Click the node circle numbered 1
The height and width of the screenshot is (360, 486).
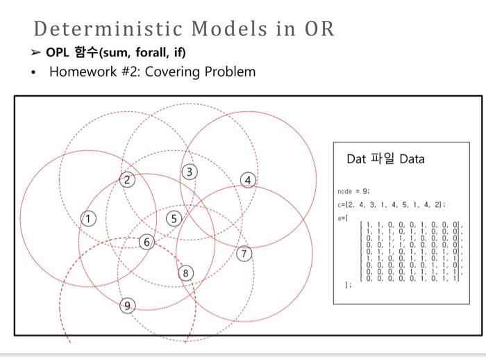88,219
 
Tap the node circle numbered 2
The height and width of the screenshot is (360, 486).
126,180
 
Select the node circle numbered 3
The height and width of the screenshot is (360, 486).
190,172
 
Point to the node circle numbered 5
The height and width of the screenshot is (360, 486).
175,219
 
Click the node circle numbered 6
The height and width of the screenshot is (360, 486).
146,243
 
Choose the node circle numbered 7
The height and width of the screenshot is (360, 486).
242,252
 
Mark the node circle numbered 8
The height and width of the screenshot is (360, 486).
185,273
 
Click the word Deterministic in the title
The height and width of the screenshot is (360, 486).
110,29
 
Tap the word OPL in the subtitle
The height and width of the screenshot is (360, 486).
58,52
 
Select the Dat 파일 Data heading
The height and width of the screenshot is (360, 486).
385,159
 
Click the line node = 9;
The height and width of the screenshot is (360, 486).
353,190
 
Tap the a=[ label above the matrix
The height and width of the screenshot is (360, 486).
342,218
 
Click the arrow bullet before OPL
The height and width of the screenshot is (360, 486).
37,52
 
